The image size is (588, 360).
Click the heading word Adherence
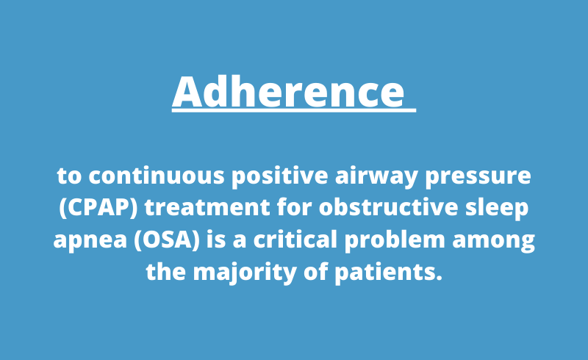coord(288,92)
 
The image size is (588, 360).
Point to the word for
coord(298,209)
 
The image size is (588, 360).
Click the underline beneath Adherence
coord(294,111)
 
